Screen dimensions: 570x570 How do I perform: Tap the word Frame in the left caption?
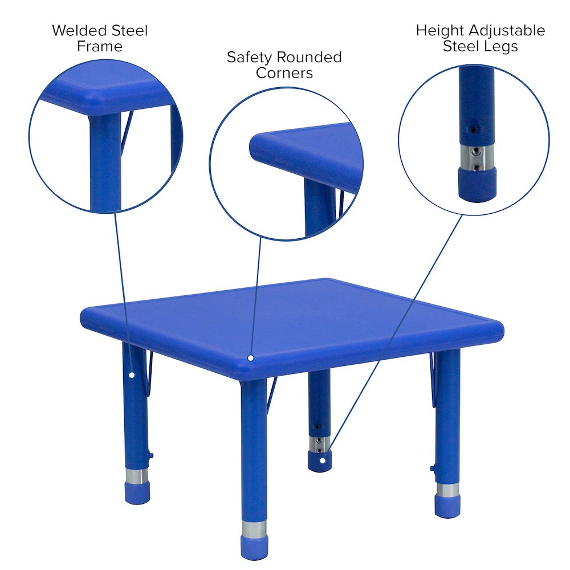coord(100,47)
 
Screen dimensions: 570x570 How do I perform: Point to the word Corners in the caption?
coord(284,74)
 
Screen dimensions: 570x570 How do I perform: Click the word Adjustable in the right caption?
coord(511,30)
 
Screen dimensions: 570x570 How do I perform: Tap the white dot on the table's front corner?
coord(250,358)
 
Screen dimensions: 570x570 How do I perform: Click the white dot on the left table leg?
coord(132,375)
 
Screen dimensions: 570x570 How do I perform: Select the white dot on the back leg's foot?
coord(322,459)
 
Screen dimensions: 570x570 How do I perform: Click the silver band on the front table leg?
coord(254,528)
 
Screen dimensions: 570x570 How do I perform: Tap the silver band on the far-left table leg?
coord(136,476)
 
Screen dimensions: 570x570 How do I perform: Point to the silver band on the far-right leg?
coord(447,490)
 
